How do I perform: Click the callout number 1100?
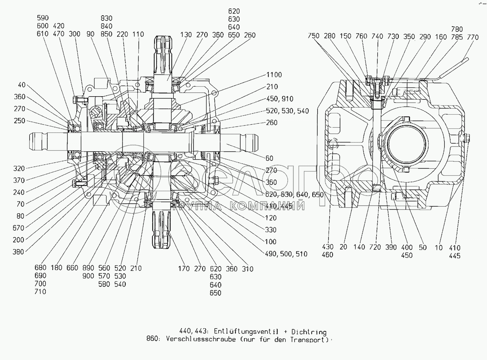click(x=274, y=75)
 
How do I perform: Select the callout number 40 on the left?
click(x=21, y=85)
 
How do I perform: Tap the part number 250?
click(x=19, y=121)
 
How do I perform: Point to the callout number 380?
click(x=19, y=252)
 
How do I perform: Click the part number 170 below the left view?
click(x=183, y=269)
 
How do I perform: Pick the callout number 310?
click(x=247, y=269)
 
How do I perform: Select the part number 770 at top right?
click(x=473, y=37)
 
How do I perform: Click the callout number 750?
click(x=313, y=36)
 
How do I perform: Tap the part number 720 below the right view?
click(x=375, y=247)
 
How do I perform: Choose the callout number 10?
click(x=439, y=248)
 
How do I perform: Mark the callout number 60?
click(x=269, y=158)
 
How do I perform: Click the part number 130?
click(x=186, y=35)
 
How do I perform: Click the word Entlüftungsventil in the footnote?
click(x=246, y=332)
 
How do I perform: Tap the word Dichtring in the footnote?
click(x=309, y=332)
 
